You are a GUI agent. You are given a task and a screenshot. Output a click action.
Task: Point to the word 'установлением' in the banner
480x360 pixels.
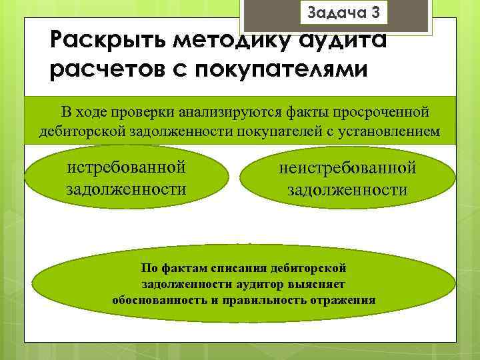[389, 131]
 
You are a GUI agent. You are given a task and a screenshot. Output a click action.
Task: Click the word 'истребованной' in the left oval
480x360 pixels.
[126, 167]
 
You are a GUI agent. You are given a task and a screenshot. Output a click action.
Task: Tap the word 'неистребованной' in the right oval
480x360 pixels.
[347, 168]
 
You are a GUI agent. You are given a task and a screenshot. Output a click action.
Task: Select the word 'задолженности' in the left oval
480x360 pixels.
[126, 189]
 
